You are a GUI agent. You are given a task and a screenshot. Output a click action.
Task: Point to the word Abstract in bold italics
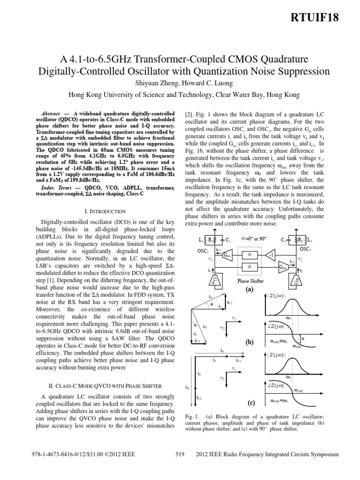[51, 114]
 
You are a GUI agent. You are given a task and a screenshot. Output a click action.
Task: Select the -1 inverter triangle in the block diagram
[270, 254]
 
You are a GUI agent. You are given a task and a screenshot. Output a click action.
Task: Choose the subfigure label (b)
[249, 343]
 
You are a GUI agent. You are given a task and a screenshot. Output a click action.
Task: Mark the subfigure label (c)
[249, 403]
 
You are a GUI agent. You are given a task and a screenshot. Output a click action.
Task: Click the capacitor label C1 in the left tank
[228, 240]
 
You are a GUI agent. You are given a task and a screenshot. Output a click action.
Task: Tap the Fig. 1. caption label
[193, 416]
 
